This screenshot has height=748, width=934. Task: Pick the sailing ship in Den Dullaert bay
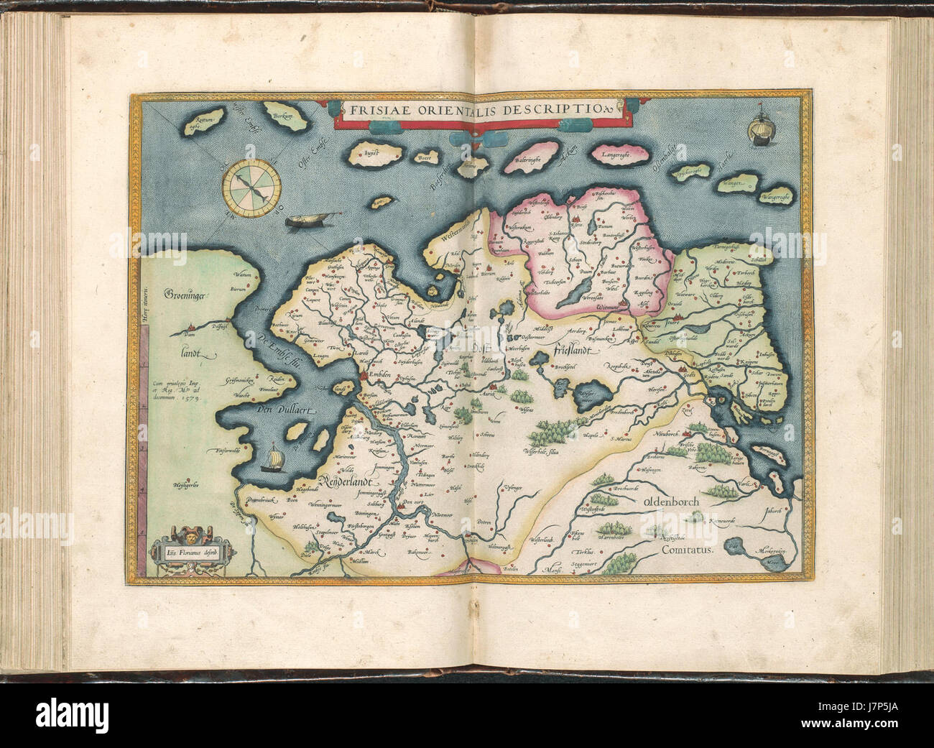click(273, 458)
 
